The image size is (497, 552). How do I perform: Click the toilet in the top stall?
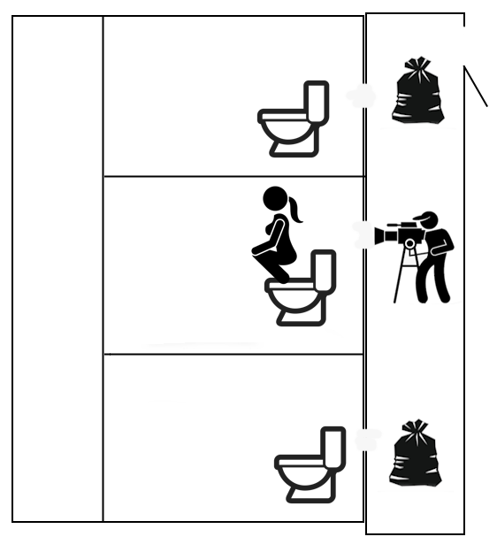(x=293, y=121)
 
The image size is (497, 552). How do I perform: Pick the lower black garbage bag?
(x=415, y=457)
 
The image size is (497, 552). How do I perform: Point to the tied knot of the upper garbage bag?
(x=417, y=65)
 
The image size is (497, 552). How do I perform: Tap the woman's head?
(x=276, y=199)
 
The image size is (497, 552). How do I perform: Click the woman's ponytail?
(x=294, y=211)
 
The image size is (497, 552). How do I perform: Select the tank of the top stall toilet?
(x=317, y=103)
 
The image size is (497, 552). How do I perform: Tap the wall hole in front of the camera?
(x=362, y=234)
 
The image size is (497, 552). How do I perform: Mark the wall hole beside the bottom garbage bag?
(x=366, y=439)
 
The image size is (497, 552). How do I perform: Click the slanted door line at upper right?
(x=476, y=86)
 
